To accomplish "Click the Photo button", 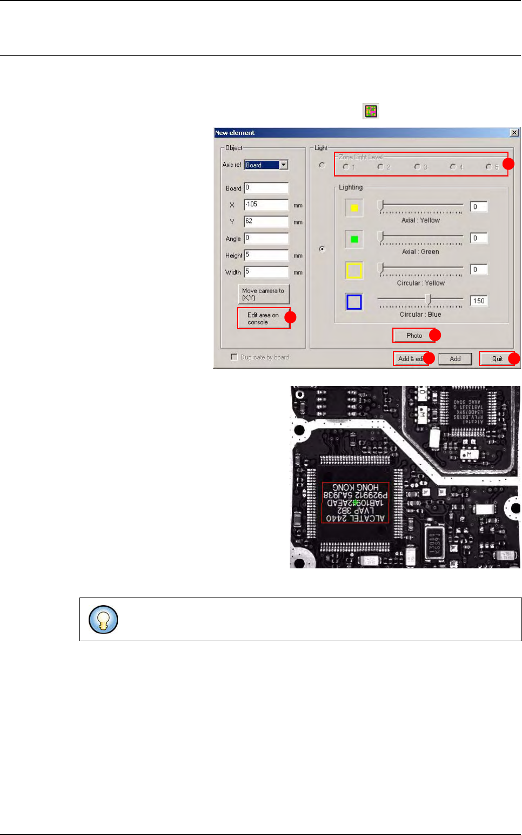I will (414, 336).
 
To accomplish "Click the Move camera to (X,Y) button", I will (264, 294).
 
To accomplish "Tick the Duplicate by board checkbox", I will (234, 357).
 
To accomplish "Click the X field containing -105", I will (266, 205).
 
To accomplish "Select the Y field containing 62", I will (266, 221).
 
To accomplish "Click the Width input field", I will (266, 272).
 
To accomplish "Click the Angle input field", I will (266, 238).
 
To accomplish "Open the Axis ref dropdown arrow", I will (284, 165).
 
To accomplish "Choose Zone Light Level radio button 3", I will (417, 167).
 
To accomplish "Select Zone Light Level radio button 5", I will (488, 167).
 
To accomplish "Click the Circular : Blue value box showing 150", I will (479, 301).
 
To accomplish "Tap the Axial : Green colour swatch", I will (354, 239).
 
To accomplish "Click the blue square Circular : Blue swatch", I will (354, 302).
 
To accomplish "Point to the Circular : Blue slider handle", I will (429, 298).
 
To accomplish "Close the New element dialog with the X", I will (514, 133).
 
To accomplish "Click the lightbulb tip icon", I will (103, 620).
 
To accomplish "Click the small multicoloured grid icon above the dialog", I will (371, 111).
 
